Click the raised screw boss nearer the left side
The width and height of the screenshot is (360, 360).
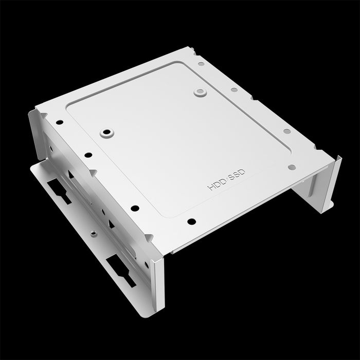106,133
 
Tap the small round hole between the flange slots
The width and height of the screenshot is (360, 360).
93,233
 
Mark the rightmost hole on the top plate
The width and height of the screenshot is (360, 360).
291,167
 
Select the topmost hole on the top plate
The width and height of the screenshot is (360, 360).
201,64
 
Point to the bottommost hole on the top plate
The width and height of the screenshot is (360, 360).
191,222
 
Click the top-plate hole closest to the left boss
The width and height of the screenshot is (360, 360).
88,154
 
